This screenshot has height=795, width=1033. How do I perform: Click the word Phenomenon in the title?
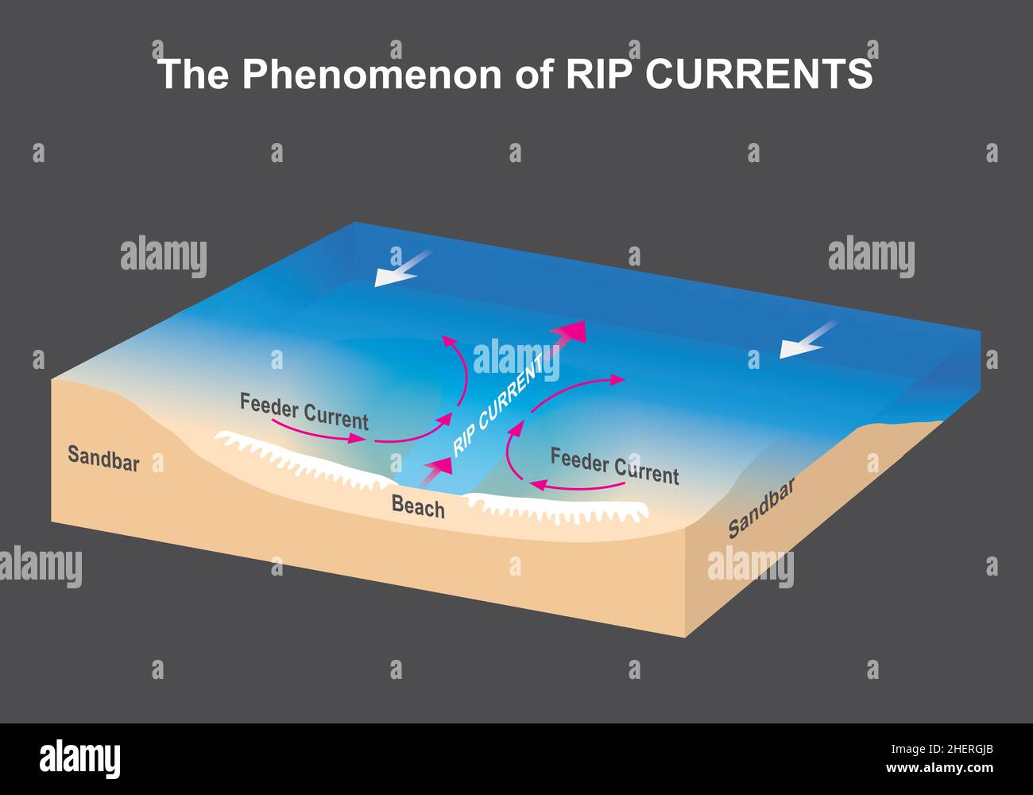pyautogui.click(x=372, y=74)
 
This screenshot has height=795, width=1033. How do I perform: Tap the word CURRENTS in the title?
pyautogui.click(x=759, y=74)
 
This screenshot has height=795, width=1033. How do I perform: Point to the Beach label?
pyautogui.click(x=418, y=506)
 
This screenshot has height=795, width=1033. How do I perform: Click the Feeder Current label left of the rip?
pyautogui.click(x=304, y=411)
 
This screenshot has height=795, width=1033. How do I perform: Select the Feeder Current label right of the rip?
pyautogui.click(x=615, y=466)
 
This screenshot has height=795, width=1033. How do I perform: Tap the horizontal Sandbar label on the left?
pyautogui.click(x=103, y=459)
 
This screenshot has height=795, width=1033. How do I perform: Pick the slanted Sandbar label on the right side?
pyautogui.click(x=761, y=507)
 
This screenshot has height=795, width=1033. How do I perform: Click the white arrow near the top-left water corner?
pyautogui.click(x=402, y=269)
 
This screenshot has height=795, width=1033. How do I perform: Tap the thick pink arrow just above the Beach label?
pyautogui.click(x=436, y=471)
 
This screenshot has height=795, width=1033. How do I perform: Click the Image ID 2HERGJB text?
pyautogui.click(x=942, y=750)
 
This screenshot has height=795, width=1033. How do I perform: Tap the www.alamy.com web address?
pyautogui.click(x=939, y=768)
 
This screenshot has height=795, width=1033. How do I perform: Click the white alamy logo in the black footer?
pyautogui.click(x=80, y=758)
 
